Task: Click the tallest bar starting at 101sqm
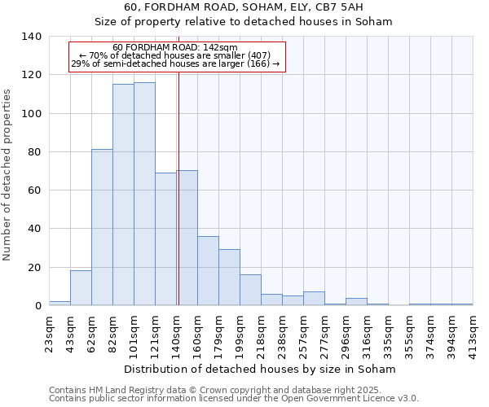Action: (x=144, y=194)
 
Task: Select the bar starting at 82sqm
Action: (x=123, y=195)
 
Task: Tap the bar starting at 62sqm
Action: (x=102, y=227)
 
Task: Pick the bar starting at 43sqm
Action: (x=81, y=287)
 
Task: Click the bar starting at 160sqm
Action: (x=208, y=270)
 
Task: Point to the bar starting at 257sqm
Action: (x=314, y=298)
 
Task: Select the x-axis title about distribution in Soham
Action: (x=261, y=369)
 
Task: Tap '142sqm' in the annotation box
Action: (x=220, y=48)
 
